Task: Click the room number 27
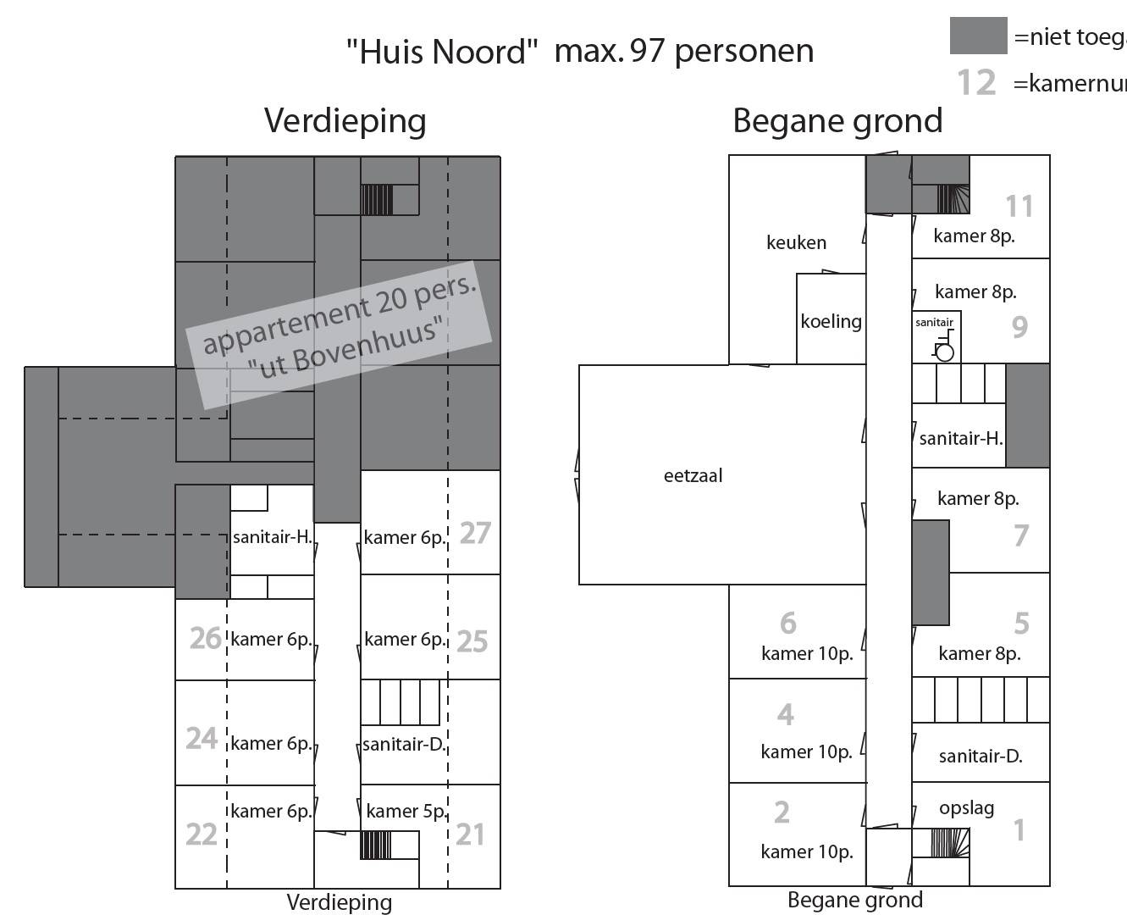(475, 533)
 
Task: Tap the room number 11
(1019, 207)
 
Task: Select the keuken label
(796, 243)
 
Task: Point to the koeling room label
(831, 322)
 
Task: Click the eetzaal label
(693, 476)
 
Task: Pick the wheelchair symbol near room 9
(943, 349)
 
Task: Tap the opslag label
(966, 808)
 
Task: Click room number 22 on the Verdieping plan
(202, 835)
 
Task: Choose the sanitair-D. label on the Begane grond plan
(981, 757)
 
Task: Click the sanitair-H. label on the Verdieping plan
(273, 537)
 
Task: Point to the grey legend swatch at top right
(978, 36)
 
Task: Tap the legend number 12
(976, 83)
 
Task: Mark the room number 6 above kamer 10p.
(788, 624)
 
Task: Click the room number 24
(202, 739)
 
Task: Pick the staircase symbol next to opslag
(943, 843)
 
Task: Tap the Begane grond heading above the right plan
(837, 121)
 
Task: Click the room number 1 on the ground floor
(1019, 831)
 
